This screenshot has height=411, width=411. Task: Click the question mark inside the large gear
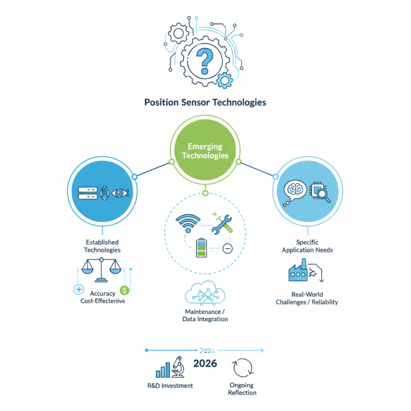(206, 60)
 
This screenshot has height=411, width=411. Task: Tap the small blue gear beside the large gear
(225, 80)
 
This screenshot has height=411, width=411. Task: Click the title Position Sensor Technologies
(205, 102)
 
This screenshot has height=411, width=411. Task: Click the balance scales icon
(101, 270)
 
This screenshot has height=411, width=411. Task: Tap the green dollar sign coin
(123, 290)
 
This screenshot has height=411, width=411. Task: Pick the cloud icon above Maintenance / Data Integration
(205, 294)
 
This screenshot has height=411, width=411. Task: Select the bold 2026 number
(205, 364)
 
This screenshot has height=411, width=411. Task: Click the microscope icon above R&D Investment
(178, 367)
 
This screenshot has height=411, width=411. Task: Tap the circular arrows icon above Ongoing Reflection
(243, 368)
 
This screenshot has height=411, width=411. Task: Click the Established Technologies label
(103, 246)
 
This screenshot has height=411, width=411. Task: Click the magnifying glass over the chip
(323, 194)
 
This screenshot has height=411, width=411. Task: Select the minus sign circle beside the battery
(228, 249)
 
